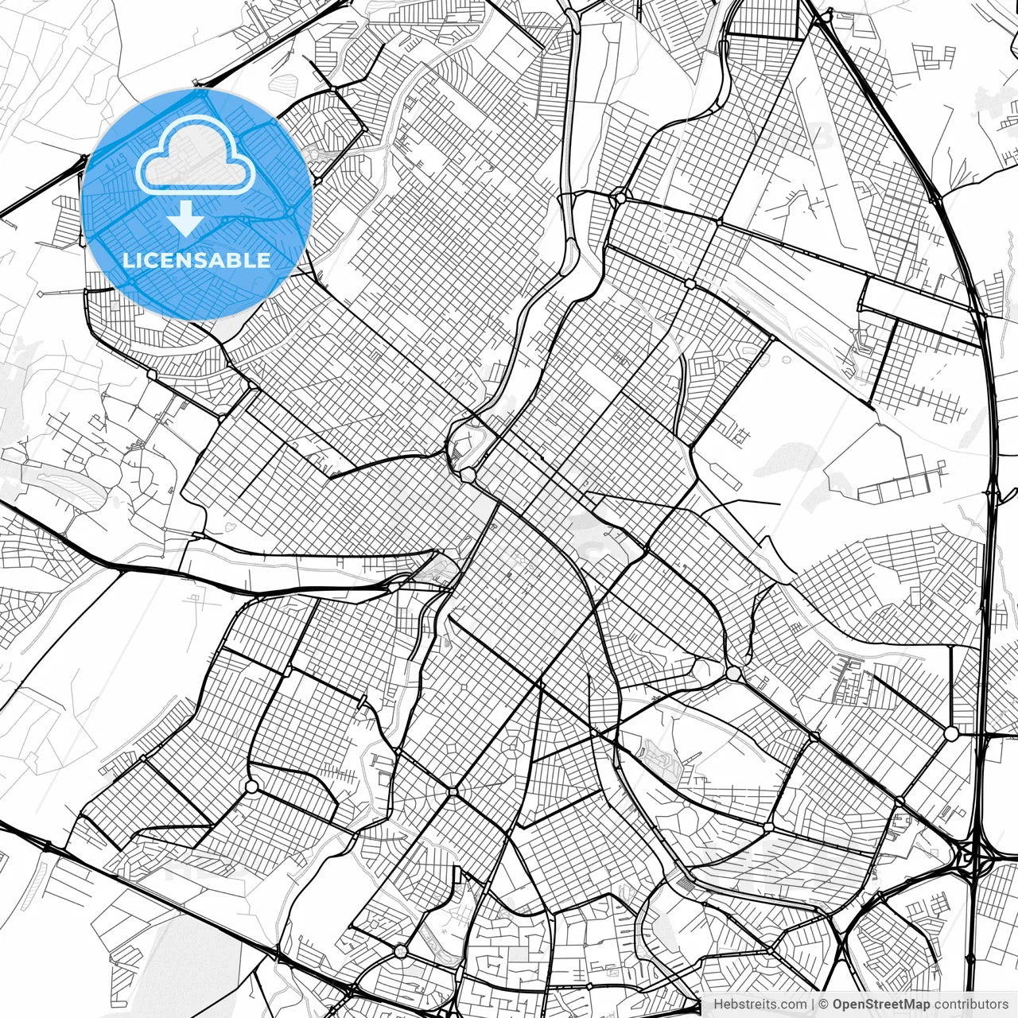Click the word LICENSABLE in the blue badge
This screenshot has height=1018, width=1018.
pos(196,260)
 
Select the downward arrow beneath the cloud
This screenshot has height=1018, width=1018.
pos(187,219)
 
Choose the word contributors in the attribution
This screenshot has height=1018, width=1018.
pos(969,1004)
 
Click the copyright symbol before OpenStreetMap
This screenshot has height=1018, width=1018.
pos(824,1004)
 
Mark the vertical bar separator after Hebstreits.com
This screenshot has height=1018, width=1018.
pos(812,1004)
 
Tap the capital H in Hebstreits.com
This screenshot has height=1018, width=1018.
pos(717,1004)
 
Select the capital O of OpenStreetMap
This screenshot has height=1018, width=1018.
pos(837,1004)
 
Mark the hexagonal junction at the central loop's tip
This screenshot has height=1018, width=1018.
pos(468,475)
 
